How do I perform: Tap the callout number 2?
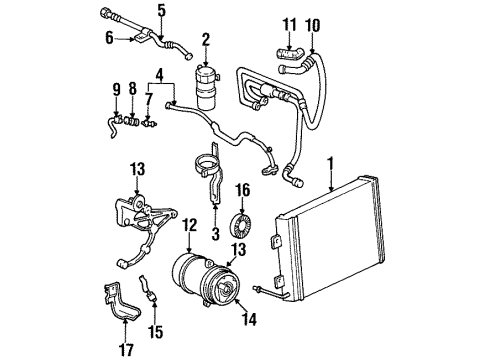coord(205,39)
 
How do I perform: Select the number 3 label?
coord(214,234)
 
